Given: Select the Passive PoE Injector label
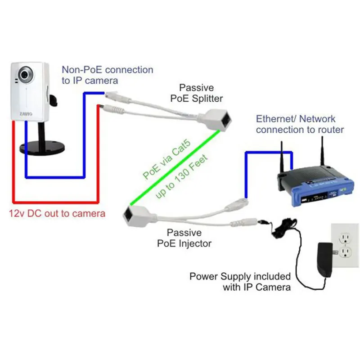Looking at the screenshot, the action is [x=189, y=238].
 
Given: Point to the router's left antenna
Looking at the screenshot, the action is [x=281, y=157].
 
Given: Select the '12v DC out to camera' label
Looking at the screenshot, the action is [x=57, y=213].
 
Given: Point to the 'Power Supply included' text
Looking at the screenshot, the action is [x=240, y=276].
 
